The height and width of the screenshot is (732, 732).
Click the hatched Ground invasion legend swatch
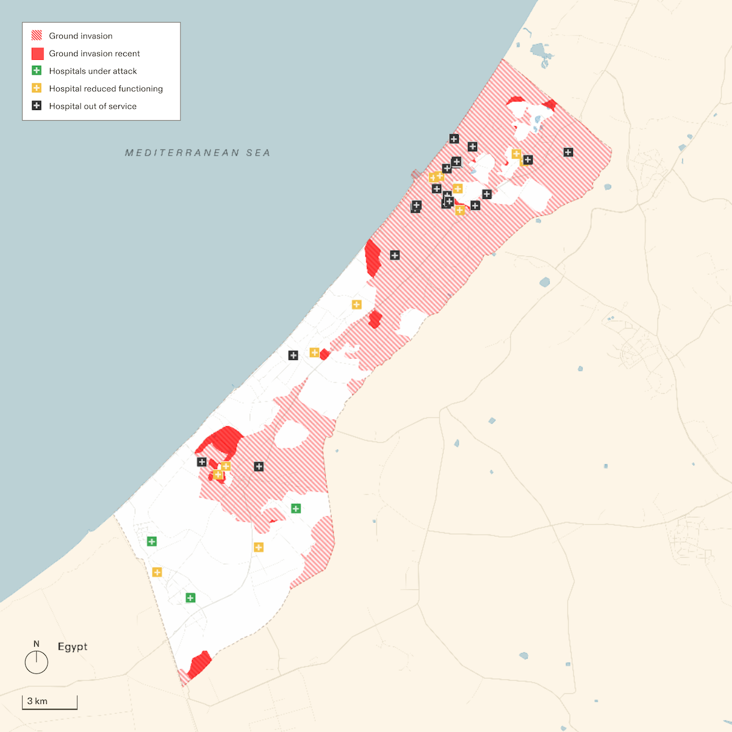click(x=37, y=35)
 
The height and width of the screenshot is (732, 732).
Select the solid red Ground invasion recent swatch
click(x=37, y=54)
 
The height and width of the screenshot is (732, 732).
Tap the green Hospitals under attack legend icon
click(x=37, y=71)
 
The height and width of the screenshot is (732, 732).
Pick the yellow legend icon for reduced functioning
click(x=37, y=88)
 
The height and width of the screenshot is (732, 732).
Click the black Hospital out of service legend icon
click(x=37, y=106)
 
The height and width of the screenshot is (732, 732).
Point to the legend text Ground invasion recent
click(x=95, y=54)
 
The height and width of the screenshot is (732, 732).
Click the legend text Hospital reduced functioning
click(x=106, y=88)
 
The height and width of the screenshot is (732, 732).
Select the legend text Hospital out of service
click(x=93, y=106)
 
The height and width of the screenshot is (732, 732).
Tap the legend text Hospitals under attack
click(x=93, y=71)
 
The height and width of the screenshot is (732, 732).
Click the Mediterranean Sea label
click(x=198, y=152)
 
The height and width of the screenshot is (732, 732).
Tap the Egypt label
click(x=73, y=647)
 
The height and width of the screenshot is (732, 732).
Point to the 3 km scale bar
click(x=50, y=703)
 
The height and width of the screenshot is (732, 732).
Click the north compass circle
click(x=37, y=662)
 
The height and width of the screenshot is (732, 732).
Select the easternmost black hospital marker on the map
click(x=569, y=152)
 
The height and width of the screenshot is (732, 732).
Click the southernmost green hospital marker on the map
click(x=190, y=598)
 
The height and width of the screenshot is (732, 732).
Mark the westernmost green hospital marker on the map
click(x=152, y=541)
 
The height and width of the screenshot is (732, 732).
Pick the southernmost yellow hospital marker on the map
click(x=157, y=572)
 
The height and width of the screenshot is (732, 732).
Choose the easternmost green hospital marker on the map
click(x=296, y=508)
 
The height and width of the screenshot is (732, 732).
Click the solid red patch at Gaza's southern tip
click(x=199, y=664)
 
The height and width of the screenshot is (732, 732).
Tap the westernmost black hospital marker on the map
click(x=202, y=462)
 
